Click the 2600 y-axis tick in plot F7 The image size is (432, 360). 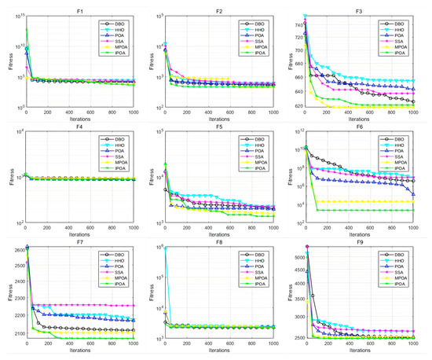click(x=15, y=250)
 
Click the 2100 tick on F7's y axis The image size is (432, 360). click(x=15, y=333)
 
